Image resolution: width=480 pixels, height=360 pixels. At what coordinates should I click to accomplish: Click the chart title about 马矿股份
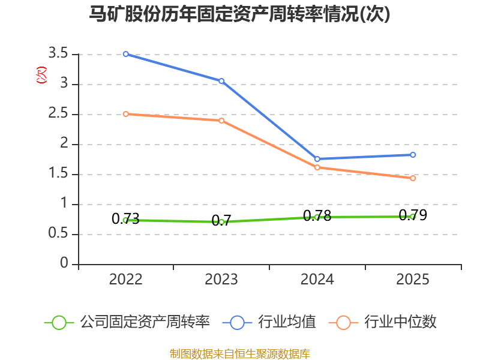(x=239, y=14)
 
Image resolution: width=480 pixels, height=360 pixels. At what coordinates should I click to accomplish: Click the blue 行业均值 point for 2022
(x=126, y=54)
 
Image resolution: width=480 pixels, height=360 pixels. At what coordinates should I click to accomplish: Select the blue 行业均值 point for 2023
(x=221, y=81)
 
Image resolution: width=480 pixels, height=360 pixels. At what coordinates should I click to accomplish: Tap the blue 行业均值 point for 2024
(x=317, y=159)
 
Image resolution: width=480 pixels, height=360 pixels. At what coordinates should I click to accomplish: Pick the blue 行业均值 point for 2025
(x=413, y=155)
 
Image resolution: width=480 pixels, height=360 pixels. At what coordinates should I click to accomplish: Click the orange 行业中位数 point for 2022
(x=126, y=114)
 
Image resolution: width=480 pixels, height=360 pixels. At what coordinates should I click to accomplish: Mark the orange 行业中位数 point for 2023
(x=221, y=121)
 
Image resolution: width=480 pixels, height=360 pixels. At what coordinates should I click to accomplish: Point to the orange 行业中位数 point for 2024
(x=317, y=167)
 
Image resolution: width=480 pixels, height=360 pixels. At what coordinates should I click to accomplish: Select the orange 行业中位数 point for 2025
(x=413, y=178)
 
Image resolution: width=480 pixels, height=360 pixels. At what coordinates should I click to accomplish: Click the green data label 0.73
(x=125, y=219)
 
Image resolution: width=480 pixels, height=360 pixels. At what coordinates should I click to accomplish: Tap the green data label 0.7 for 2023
(x=221, y=221)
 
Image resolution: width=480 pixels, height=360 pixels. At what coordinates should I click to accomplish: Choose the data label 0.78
(x=317, y=216)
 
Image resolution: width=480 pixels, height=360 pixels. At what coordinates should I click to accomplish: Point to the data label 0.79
(x=413, y=215)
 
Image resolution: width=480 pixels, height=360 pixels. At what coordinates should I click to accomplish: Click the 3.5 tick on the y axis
(x=58, y=53)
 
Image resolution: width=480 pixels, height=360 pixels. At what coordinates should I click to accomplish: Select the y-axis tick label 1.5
(x=58, y=173)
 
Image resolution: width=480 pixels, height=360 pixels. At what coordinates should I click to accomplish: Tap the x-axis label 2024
(x=317, y=280)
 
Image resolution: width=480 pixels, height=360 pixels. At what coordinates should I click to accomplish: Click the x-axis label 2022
(x=126, y=280)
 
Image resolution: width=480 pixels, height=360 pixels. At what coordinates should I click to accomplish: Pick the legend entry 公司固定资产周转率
(x=127, y=322)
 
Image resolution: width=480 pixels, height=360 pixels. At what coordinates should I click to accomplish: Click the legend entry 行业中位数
(x=383, y=322)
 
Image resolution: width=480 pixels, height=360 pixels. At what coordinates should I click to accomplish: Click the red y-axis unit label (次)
(x=41, y=75)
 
